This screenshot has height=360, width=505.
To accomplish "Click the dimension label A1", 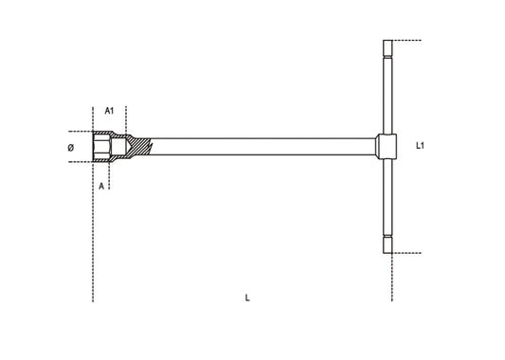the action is pyautogui.click(x=110, y=111).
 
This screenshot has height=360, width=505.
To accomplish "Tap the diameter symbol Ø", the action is pyautogui.click(x=71, y=148).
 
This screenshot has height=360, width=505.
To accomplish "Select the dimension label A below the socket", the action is pyautogui.click(x=101, y=186).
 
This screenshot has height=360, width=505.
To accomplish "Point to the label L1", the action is pyautogui.click(x=420, y=146).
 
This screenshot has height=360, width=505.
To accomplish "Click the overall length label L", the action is pyautogui.click(x=247, y=297).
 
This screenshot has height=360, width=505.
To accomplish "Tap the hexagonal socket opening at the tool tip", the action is pyautogui.click(x=101, y=147).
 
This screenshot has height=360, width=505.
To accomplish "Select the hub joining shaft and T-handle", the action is pyautogui.click(x=387, y=147).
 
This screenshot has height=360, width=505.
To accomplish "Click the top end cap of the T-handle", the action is pyautogui.click(x=388, y=48).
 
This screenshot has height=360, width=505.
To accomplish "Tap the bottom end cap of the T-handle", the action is pyautogui.click(x=388, y=245).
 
